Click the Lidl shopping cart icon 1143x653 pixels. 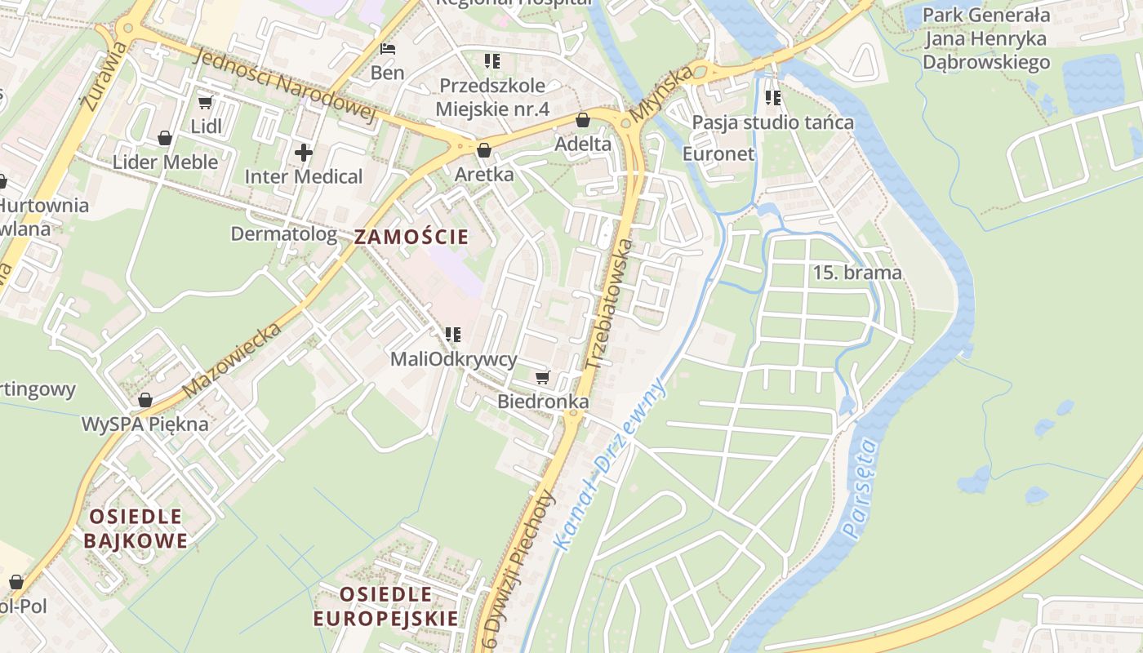coord(205,103)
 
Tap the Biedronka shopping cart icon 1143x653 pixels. coord(542,378)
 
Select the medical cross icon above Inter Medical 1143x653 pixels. coord(304,153)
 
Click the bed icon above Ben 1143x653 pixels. coord(388,49)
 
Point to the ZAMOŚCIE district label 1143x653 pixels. coord(411,238)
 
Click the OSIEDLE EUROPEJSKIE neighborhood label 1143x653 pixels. coord(386,606)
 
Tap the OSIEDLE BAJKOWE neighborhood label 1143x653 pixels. coord(136,528)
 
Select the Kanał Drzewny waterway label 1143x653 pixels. coord(608,464)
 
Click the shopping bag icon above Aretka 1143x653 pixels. coord(484,151)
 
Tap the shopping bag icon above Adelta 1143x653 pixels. coord(583,121)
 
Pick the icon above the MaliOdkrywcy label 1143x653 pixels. coord(453,335)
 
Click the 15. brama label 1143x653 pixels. coord(857,273)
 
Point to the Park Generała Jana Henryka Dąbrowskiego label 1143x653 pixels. coord(985,38)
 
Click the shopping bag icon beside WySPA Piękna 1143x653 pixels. coord(145,401)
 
